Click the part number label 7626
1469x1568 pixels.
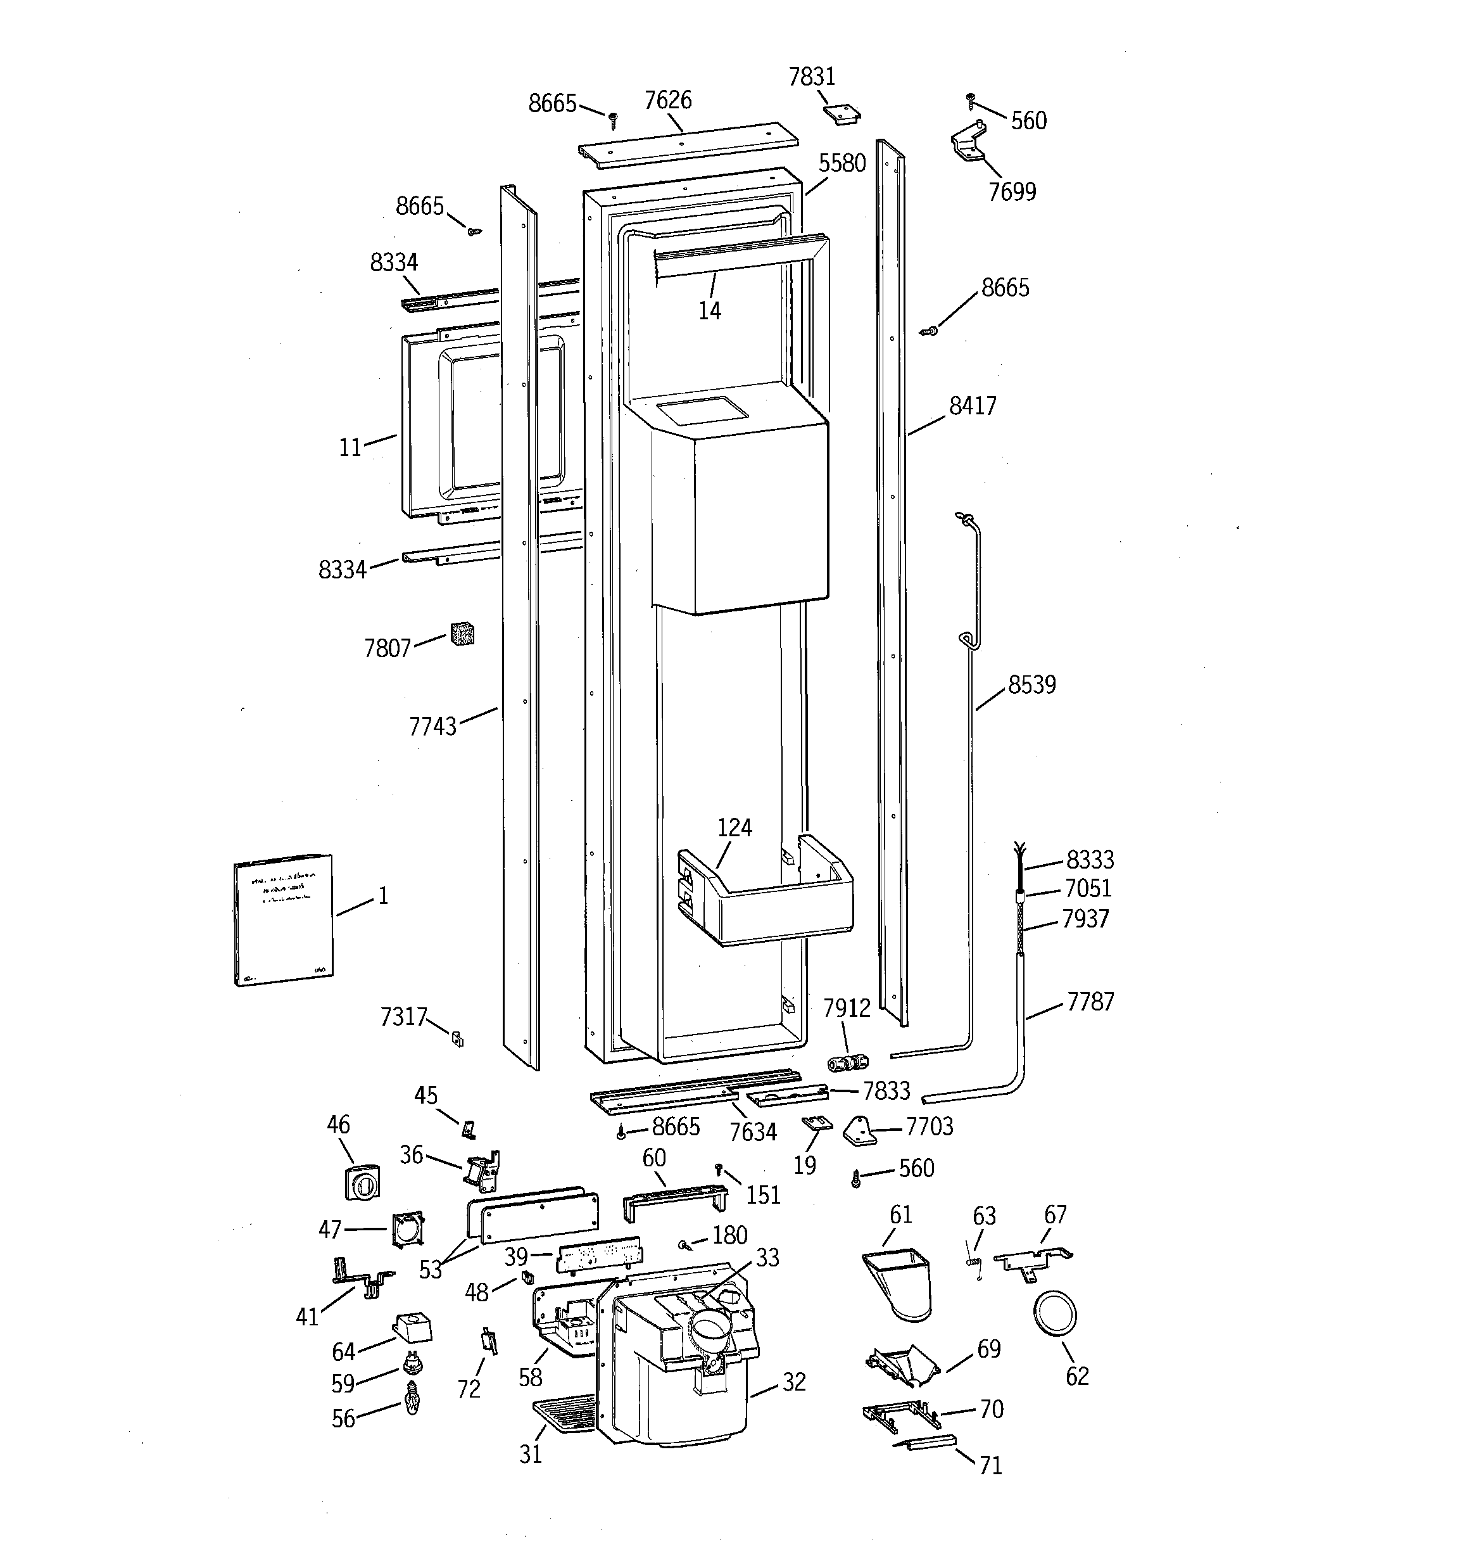point(667,100)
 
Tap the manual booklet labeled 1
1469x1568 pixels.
point(283,920)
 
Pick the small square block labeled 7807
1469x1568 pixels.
point(462,634)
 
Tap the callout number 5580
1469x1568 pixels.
point(842,163)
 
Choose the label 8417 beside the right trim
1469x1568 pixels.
point(972,406)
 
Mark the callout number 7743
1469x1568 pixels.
point(432,727)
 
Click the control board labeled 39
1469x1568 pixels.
point(598,1254)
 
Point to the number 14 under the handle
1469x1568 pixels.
point(709,311)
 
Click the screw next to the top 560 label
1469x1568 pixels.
point(971,101)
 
